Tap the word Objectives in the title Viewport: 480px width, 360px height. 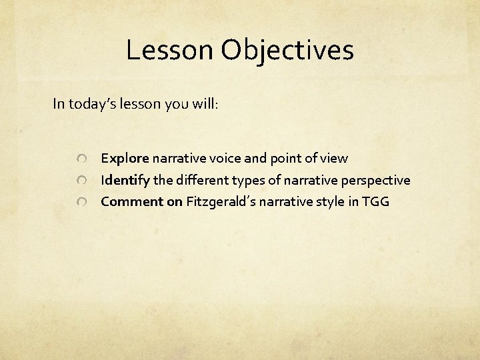pyautogui.click(x=288, y=51)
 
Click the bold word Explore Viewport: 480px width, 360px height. pyautogui.click(x=125, y=159)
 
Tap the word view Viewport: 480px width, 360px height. pyautogui.click(x=333, y=159)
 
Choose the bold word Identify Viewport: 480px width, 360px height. pyautogui.click(x=125, y=180)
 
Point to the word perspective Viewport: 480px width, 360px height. pyautogui.click(x=374, y=181)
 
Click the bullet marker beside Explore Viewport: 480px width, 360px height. pyautogui.click(x=81, y=159)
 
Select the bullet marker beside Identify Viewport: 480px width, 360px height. pyautogui.click(x=81, y=181)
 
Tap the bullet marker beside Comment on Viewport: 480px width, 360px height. pyautogui.click(x=81, y=202)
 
